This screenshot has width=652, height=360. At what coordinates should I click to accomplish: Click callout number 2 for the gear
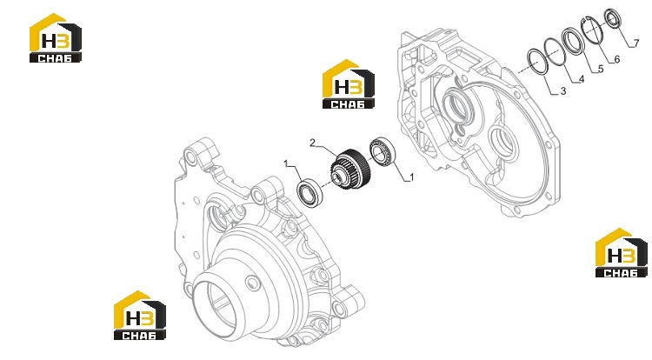[313, 143]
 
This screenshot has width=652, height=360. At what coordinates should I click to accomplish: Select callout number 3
[563, 91]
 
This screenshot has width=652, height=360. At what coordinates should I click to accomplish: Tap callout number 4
[582, 79]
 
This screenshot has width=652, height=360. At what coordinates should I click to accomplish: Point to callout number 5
[601, 69]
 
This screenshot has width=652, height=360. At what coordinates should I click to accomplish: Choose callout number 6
[616, 59]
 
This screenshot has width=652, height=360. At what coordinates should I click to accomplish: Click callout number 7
[635, 43]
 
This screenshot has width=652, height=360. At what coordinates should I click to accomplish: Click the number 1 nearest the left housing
[286, 163]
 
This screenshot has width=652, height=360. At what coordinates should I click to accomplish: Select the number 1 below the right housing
[412, 177]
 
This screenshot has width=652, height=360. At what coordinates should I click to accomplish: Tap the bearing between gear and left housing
[308, 193]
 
